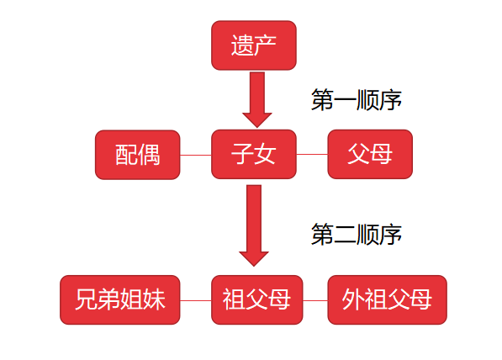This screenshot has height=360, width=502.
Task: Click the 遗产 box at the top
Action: [253, 45]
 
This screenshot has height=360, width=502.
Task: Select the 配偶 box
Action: [138, 155]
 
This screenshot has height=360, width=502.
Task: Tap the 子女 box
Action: [253, 155]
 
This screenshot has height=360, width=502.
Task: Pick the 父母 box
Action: [369, 155]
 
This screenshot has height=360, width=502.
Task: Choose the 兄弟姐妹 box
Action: [120, 299]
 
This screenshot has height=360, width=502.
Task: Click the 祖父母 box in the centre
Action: [256, 299]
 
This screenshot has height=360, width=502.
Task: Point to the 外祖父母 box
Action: [387, 299]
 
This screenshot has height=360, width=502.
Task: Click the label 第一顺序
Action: [356, 100]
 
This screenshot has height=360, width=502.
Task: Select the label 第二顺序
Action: [356, 235]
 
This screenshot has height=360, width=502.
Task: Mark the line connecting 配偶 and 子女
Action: [195, 156]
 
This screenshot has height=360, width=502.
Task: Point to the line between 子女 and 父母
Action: [311, 156]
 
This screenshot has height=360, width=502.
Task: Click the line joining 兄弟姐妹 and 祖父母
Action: [195, 300]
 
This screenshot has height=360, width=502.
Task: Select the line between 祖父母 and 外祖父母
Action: [314, 300]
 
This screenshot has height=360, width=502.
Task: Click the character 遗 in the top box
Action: [242, 45]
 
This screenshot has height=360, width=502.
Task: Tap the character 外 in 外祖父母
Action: [353, 299]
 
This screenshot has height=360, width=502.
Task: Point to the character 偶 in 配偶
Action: [150, 155]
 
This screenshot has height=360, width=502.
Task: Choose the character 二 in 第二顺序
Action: [345, 235]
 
